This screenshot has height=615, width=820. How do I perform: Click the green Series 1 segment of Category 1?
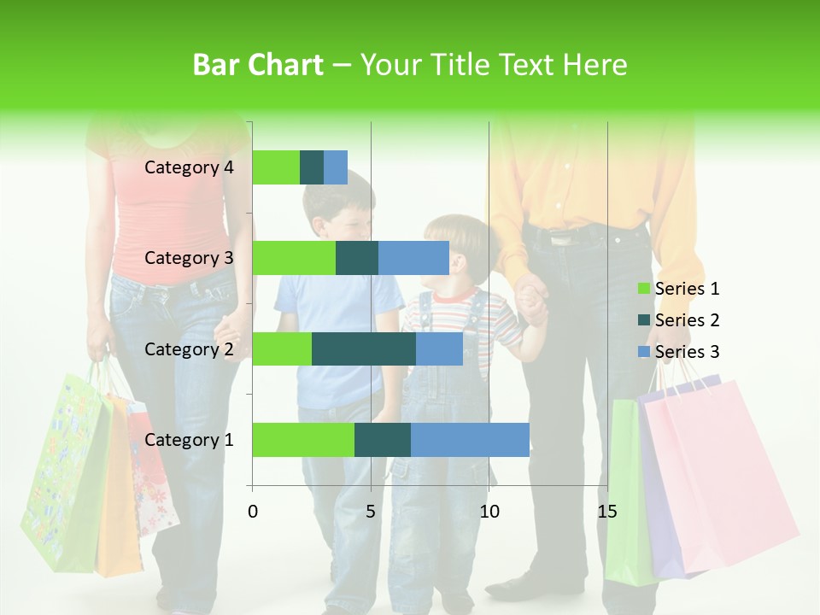tap(303, 440)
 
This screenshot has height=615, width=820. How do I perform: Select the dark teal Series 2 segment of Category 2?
tap(364, 348)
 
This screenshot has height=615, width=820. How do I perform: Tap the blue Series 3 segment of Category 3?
tap(413, 258)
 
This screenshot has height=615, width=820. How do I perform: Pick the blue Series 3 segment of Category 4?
tap(336, 167)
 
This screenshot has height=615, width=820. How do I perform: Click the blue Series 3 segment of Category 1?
tap(470, 440)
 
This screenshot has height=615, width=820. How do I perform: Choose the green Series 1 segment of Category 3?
tap(294, 258)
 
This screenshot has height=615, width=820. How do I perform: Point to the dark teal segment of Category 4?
tap(312, 167)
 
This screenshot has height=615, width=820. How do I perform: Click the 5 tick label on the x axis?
tap(371, 512)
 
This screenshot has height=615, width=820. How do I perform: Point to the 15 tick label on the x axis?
tap(607, 512)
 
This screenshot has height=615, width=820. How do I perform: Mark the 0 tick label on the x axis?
tap(253, 512)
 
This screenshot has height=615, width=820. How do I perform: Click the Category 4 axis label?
tap(189, 167)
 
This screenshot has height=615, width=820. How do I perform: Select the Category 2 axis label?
tap(189, 348)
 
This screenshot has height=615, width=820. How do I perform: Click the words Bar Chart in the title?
tap(258, 65)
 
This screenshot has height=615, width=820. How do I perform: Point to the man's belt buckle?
tap(560, 238)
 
